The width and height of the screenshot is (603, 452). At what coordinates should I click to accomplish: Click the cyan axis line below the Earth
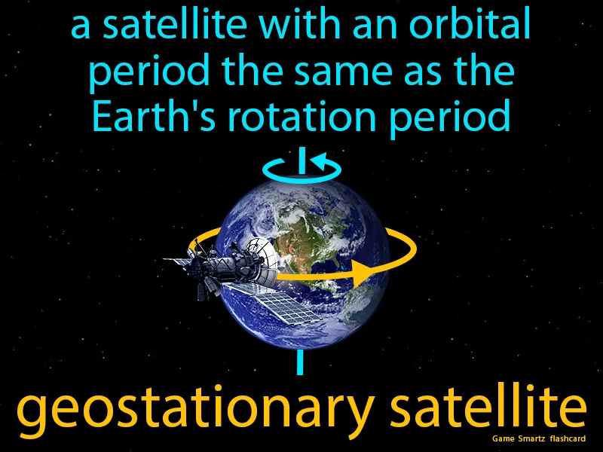click(x=300, y=362)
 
